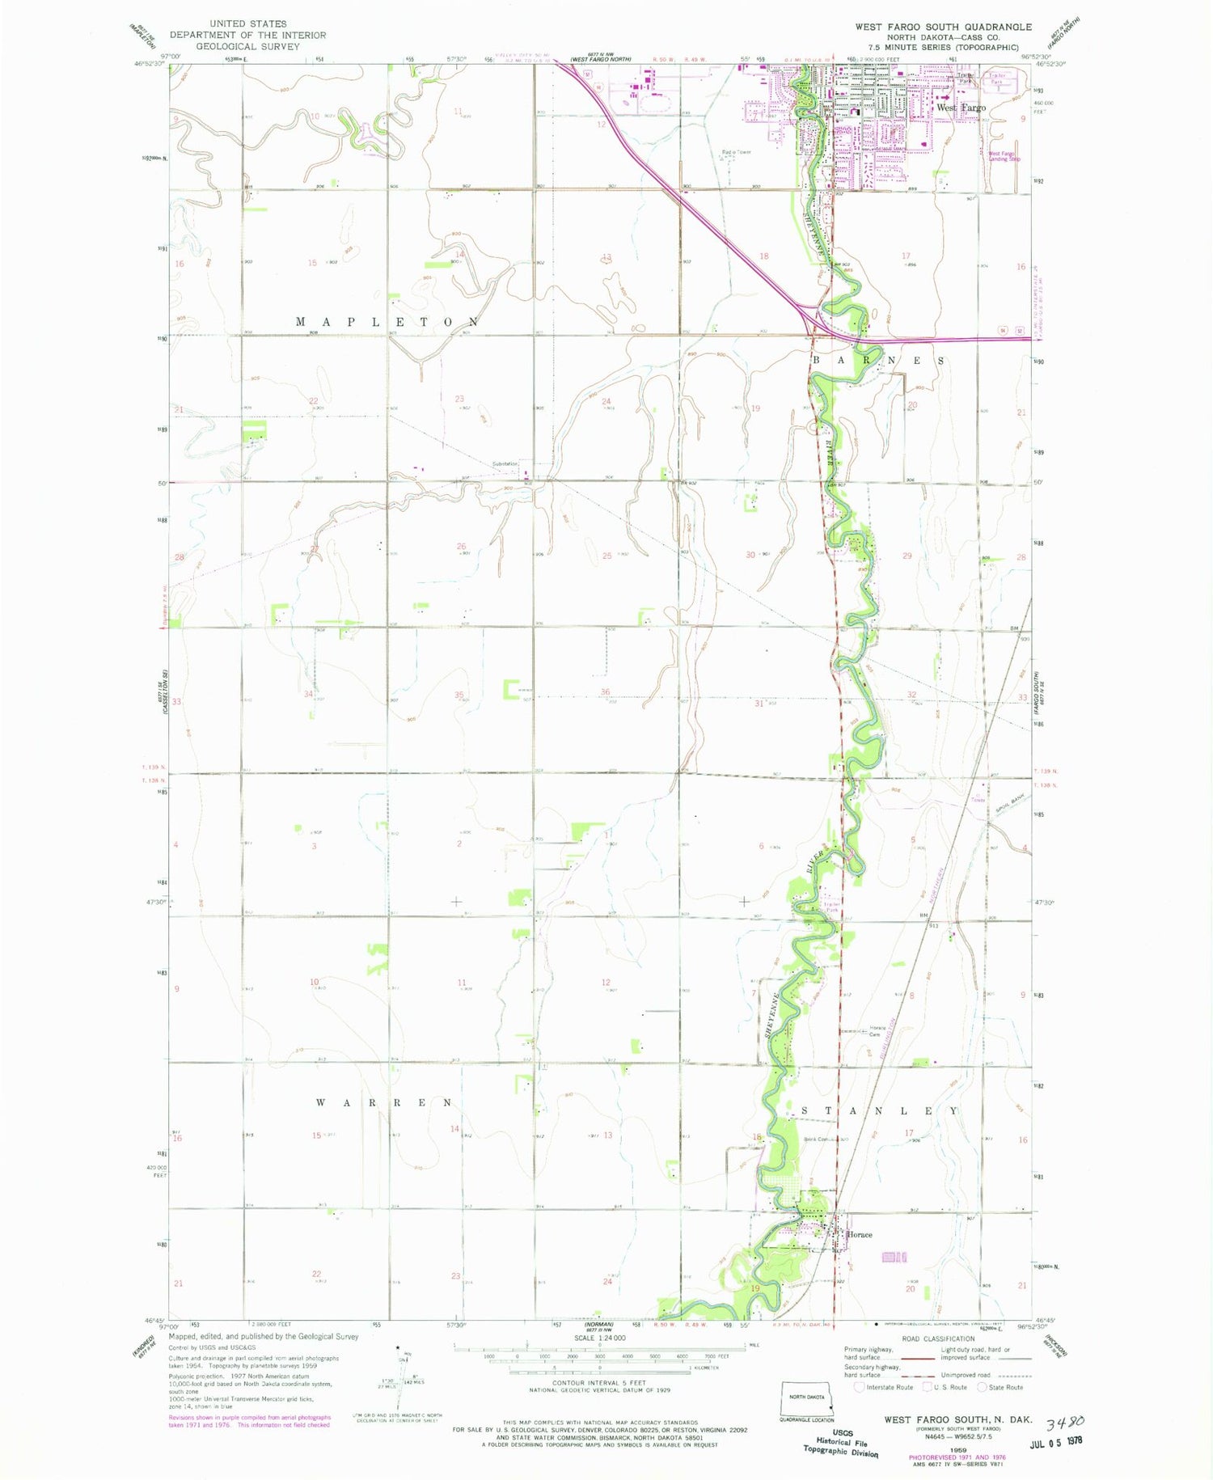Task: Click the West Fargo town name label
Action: (x=961, y=108)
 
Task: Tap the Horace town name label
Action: (x=859, y=1235)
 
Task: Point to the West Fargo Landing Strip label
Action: (x=1004, y=156)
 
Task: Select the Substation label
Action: (x=505, y=464)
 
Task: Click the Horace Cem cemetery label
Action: (x=877, y=1032)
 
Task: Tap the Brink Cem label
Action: (x=816, y=1140)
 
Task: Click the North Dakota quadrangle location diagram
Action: (x=806, y=1399)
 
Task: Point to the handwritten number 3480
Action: (x=1065, y=1423)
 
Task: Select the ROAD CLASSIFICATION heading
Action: (x=938, y=1338)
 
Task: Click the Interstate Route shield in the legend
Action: (x=859, y=1387)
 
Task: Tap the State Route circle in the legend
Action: (x=982, y=1387)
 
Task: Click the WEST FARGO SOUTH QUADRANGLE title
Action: (x=943, y=27)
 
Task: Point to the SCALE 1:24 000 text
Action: (x=599, y=1338)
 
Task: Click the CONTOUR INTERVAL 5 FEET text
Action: (x=599, y=1383)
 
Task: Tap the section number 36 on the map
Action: (x=605, y=692)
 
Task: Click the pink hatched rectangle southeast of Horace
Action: (x=894, y=1257)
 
